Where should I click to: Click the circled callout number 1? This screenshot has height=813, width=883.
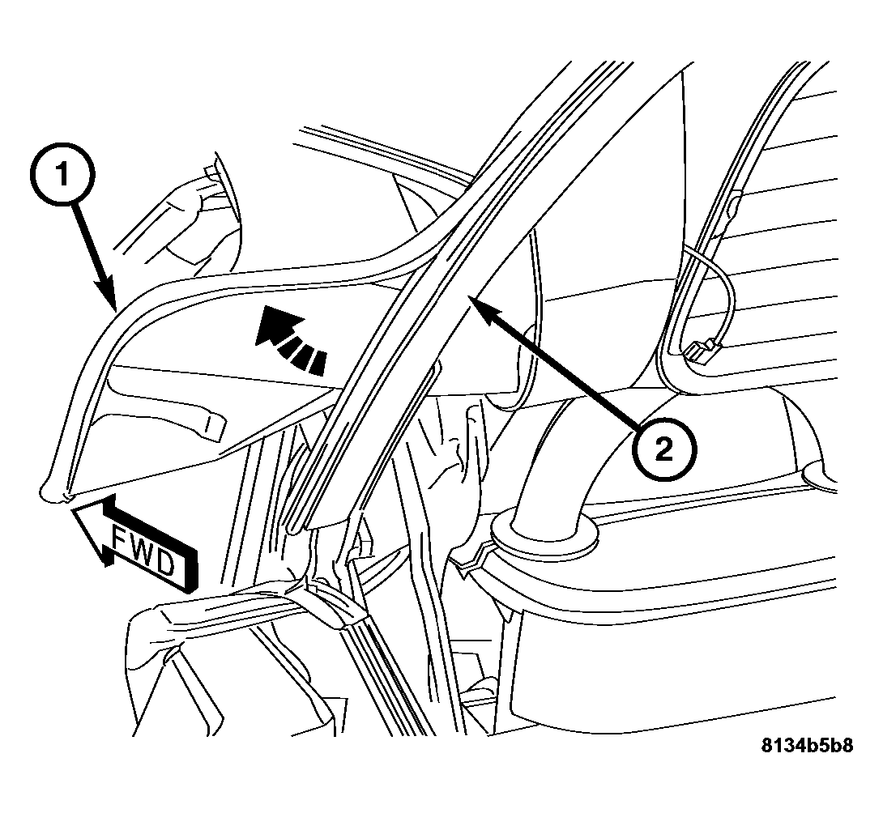pyautogui.click(x=62, y=175)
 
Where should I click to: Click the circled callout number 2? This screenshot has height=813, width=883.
pyautogui.click(x=664, y=449)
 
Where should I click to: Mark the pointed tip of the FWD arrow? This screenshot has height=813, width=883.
pyautogui.click(x=74, y=510)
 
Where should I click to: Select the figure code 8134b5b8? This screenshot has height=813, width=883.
pyautogui.click(x=806, y=746)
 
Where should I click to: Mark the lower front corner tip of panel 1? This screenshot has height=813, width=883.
pyautogui.click(x=44, y=496)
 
